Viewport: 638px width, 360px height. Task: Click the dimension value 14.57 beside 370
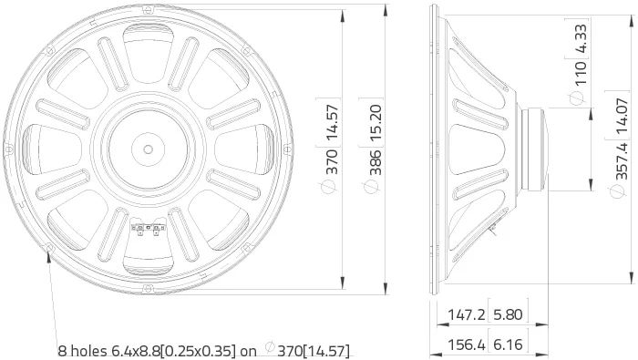point(333,122)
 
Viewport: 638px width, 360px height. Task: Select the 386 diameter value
point(376,162)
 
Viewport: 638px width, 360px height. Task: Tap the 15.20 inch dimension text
point(376,123)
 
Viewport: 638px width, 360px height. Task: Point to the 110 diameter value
point(581,73)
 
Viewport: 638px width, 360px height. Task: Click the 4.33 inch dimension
point(581,39)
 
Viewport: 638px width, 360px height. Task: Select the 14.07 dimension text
point(623,116)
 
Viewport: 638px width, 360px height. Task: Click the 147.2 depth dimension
point(467,314)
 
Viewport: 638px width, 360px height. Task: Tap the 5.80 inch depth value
point(508,314)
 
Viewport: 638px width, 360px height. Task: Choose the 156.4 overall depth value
point(467,345)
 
